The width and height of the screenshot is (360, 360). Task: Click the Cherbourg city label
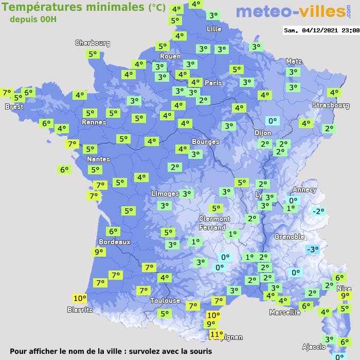coord(93,43)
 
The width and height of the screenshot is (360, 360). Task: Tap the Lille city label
coord(214,29)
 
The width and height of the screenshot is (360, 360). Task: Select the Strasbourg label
coord(331,105)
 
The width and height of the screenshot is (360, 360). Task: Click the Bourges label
coord(205,141)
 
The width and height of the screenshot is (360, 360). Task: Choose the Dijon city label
coord(262,132)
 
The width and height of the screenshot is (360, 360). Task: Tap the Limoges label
coord(165,193)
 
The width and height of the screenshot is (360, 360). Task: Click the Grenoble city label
coord(290,237)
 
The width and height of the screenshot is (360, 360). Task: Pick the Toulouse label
coord(165,300)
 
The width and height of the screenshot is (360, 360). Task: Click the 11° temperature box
coord(217,334)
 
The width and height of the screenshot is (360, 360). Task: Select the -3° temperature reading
coord(312,249)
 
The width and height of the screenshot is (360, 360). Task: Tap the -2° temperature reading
coord(318,211)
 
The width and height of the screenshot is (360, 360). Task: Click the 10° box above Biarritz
coord(80,298)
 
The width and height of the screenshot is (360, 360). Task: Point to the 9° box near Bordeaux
coord(98,252)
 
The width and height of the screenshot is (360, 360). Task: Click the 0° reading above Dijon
coord(272,121)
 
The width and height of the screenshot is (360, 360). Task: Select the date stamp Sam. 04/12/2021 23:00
coord(321,30)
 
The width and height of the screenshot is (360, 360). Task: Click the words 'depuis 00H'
coord(33,19)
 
